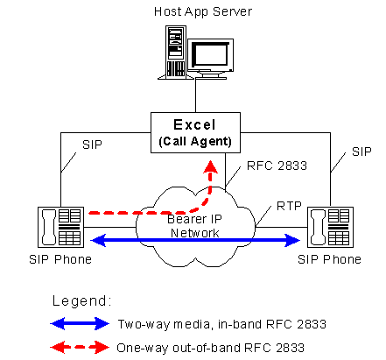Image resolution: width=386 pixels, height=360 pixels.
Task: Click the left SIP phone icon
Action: click(60, 228)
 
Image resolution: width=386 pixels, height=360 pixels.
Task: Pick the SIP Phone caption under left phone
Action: click(60, 260)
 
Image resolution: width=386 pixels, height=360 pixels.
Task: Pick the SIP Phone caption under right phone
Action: click(328, 260)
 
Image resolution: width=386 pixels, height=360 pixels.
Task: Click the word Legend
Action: click(84, 300)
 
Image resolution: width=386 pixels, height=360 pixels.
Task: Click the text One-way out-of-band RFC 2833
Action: click(210, 348)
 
